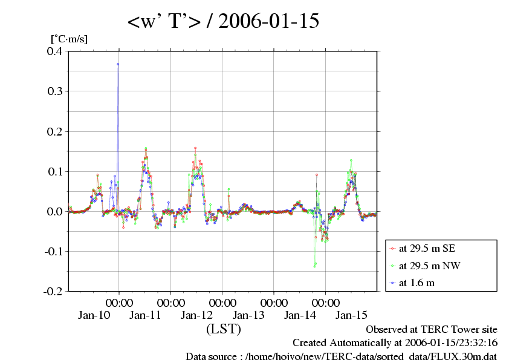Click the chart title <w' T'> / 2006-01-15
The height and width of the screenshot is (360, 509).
point(223,22)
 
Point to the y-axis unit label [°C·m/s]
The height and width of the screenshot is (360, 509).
point(69,39)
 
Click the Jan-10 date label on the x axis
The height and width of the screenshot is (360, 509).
point(94,315)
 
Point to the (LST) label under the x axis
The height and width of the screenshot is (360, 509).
point(223,330)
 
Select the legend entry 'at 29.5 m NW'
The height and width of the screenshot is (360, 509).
point(425,265)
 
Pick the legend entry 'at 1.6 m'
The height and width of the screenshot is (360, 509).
point(417,282)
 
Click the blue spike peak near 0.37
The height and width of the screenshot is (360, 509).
point(118,64)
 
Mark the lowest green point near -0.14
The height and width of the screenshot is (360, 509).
point(315,266)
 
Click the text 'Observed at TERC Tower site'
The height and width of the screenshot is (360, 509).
point(432,330)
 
